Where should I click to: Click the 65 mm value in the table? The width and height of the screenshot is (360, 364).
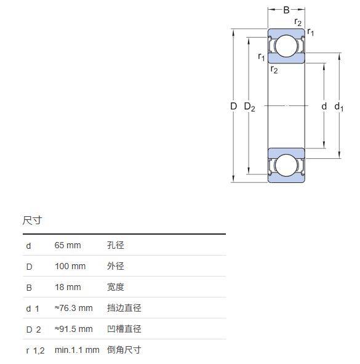click(x=68, y=245)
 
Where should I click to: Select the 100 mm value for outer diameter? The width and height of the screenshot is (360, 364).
click(x=70, y=266)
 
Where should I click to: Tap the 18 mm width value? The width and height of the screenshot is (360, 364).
click(x=68, y=287)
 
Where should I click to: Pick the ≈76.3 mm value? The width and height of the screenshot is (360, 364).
click(x=73, y=308)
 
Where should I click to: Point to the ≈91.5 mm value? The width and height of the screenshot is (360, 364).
click(x=73, y=329)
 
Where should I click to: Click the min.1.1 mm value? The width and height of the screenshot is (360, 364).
click(x=77, y=350)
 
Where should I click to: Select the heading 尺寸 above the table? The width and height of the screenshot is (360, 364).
click(x=32, y=220)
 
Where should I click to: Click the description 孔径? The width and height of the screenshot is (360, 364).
click(x=115, y=245)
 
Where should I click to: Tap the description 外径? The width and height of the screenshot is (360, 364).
click(x=115, y=266)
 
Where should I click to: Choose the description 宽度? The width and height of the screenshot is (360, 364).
click(x=115, y=287)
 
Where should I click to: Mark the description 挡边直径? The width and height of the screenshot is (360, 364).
click(x=124, y=308)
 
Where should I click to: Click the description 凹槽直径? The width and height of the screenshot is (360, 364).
click(x=124, y=329)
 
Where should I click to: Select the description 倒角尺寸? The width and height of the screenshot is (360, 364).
click(x=124, y=350)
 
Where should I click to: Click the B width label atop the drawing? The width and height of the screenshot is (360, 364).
click(x=286, y=10)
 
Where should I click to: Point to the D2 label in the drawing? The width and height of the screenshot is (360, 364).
click(x=249, y=107)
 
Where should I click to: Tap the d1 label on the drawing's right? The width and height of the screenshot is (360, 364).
click(x=338, y=107)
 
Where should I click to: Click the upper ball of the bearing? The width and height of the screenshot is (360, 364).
click(x=286, y=46)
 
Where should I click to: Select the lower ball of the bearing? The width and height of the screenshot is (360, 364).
click(x=286, y=166)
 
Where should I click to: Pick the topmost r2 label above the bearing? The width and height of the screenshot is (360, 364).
click(x=298, y=22)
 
